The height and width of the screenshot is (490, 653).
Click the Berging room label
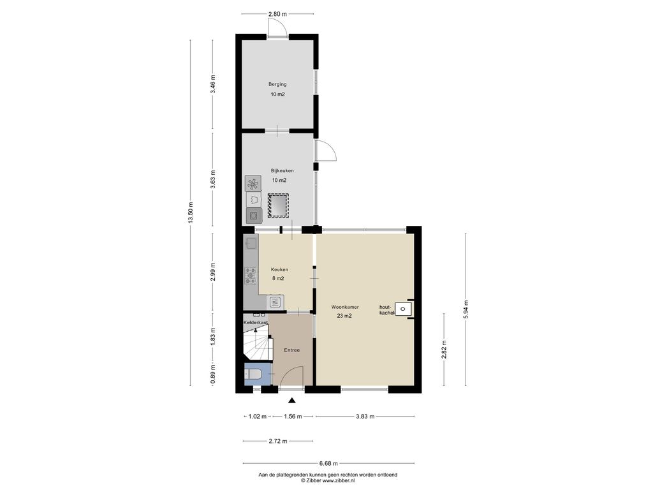click(x=277, y=84)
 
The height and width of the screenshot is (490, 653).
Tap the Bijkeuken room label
click(x=282, y=170)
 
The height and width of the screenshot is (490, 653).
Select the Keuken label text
click(x=279, y=270)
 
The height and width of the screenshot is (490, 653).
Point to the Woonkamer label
click(x=345, y=307)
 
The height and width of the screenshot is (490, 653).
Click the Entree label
click(x=292, y=350)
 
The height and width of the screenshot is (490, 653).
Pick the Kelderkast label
click(x=256, y=322)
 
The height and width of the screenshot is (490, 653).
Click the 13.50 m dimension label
click(x=191, y=213)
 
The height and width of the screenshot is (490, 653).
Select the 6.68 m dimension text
click(x=328, y=463)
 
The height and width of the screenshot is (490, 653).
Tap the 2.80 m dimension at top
click(x=278, y=14)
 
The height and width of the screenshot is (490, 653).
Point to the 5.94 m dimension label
click(x=466, y=309)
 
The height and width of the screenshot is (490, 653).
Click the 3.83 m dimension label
click(x=365, y=416)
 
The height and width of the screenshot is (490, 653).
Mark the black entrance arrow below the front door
click(x=292, y=401)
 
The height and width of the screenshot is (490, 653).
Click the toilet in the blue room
click(x=253, y=375)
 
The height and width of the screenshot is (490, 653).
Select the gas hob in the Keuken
click(x=251, y=276)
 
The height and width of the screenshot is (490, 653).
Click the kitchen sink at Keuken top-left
click(x=251, y=242)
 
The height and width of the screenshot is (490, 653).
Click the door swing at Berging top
click(x=277, y=28)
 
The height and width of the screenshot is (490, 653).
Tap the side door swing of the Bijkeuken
click(x=326, y=150)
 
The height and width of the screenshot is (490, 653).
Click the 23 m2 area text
click(x=344, y=316)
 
